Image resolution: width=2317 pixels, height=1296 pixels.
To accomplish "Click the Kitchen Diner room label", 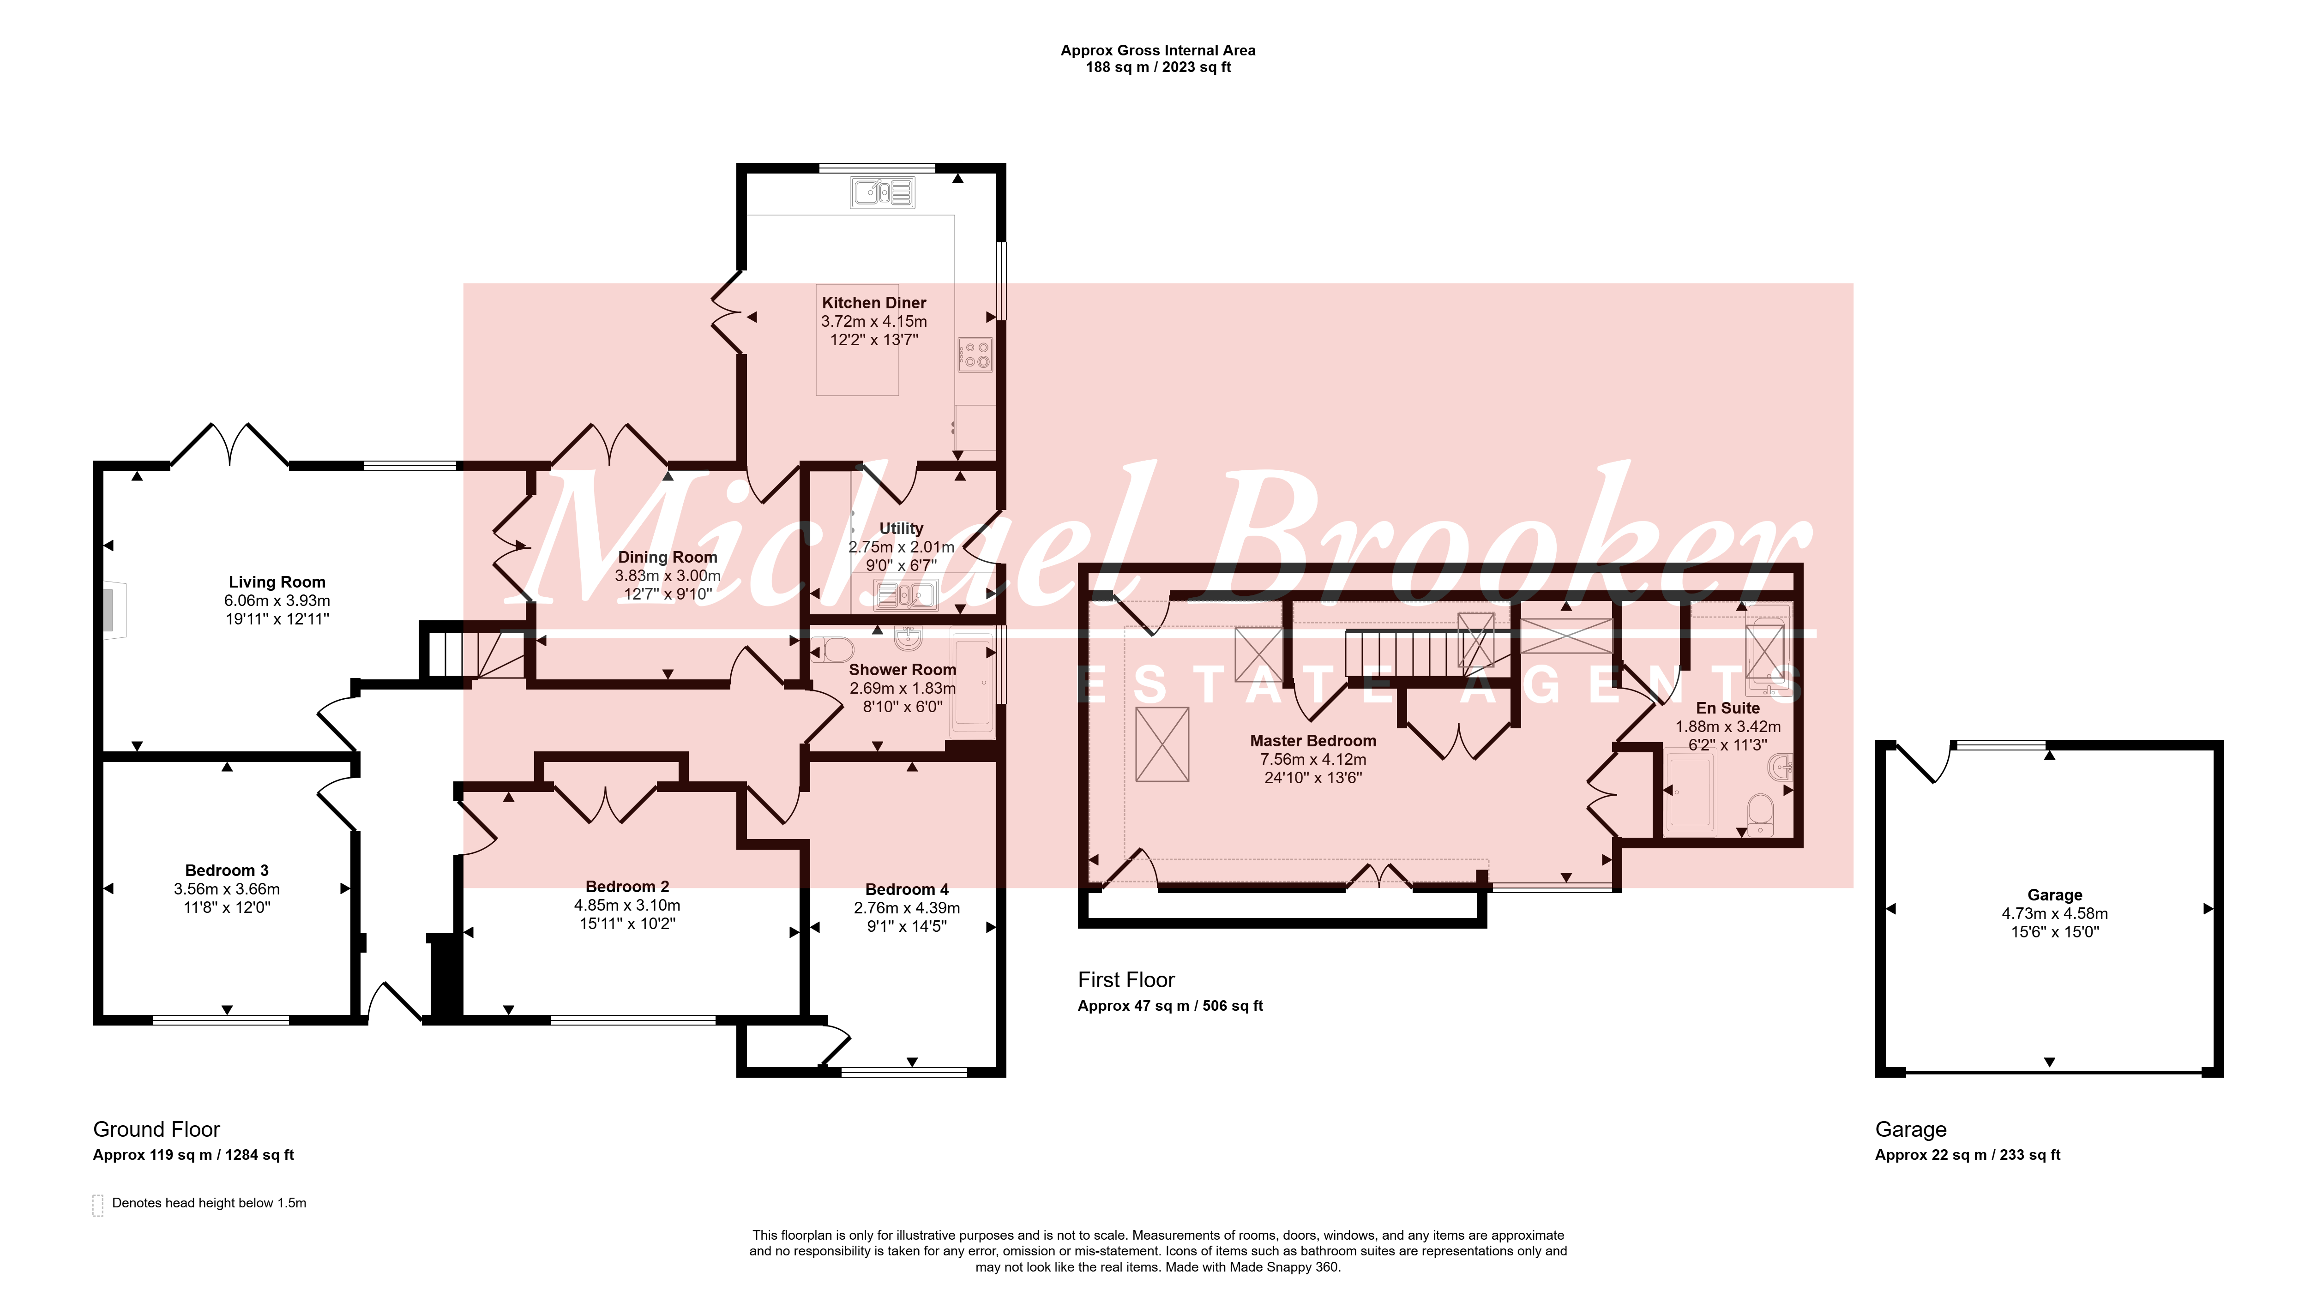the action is (x=873, y=303).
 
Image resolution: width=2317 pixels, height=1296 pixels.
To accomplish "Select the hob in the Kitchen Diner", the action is (x=975, y=354).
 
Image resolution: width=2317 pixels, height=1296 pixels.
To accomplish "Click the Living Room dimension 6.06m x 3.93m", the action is (x=277, y=601).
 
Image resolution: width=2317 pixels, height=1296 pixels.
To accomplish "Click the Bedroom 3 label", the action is (x=227, y=870).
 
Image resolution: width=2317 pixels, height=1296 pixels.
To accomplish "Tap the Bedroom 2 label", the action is (x=627, y=887).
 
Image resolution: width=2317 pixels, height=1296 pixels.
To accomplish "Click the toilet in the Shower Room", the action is (x=833, y=649).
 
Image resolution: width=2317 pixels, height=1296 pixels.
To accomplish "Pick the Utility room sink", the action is (x=907, y=594).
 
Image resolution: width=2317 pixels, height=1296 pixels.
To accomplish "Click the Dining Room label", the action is (x=668, y=558).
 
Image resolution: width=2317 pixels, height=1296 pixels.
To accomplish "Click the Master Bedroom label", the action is (x=1313, y=741).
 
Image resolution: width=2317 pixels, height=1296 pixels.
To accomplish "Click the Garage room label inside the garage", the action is (x=2054, y=895).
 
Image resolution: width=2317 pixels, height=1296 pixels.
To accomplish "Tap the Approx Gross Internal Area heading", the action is (x=1158, y=50).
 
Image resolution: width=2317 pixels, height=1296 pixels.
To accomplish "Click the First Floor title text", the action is (x=1126, y=980).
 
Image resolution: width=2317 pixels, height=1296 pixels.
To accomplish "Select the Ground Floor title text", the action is (x=156, y=1130).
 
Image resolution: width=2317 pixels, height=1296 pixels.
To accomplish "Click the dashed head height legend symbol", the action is (x=98, y=1205).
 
